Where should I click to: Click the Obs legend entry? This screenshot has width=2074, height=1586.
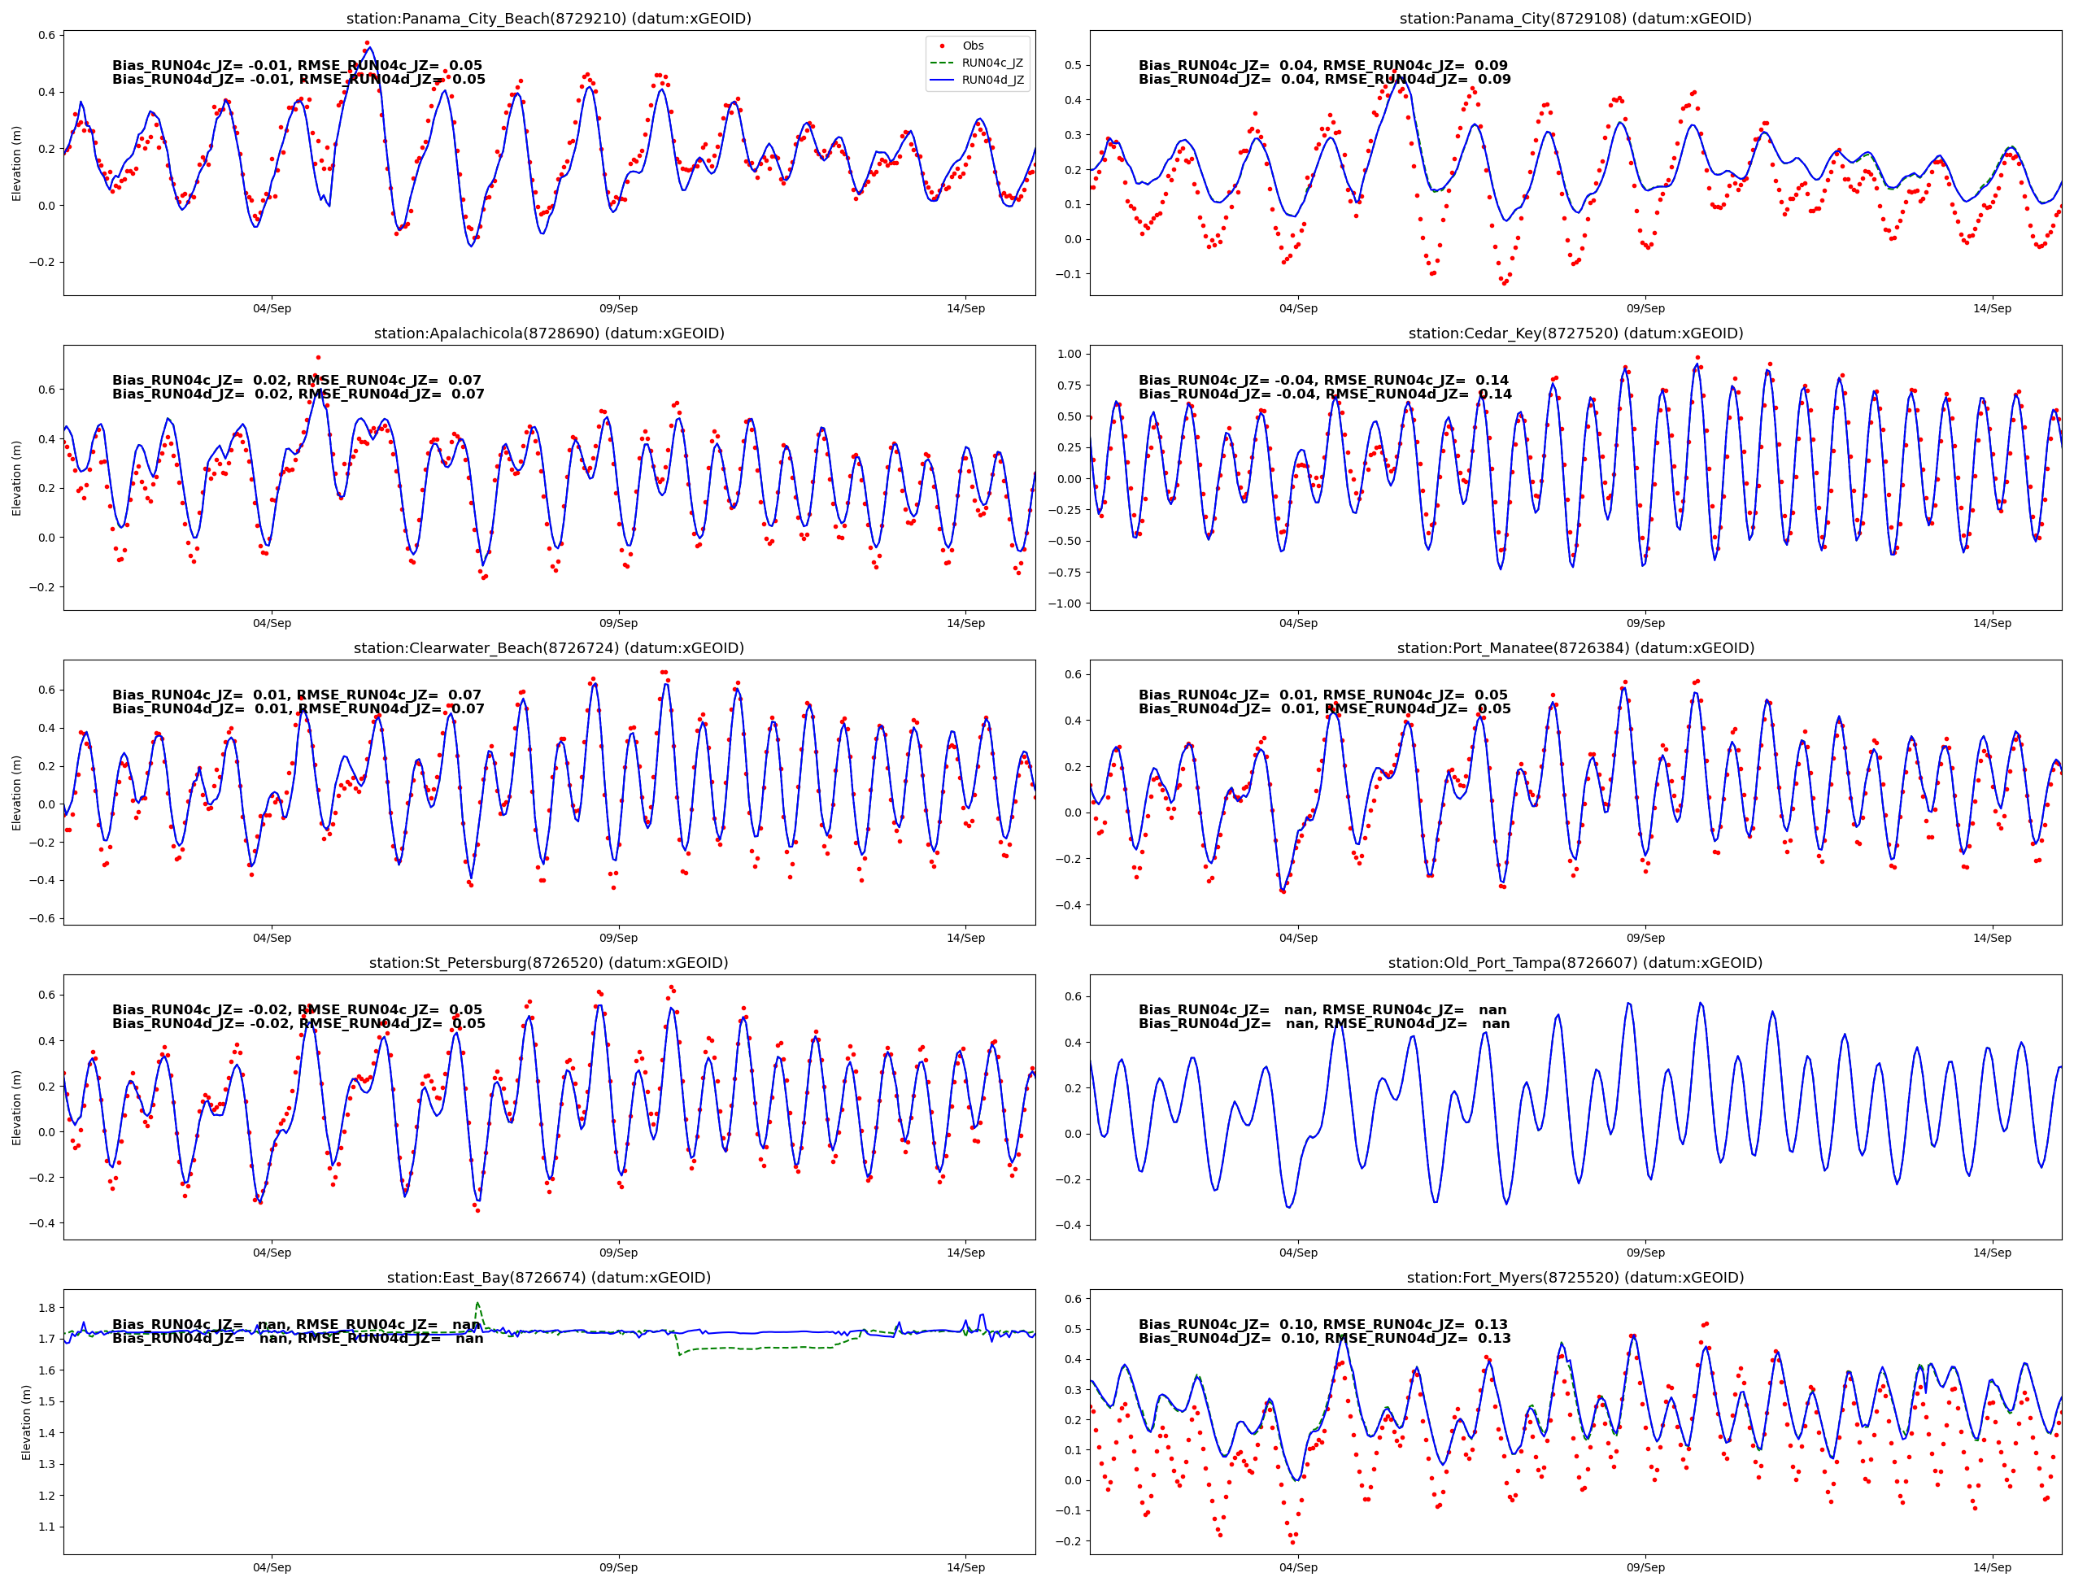(x=972, y=46)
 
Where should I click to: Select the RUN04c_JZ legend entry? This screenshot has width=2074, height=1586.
(x=991, y=63)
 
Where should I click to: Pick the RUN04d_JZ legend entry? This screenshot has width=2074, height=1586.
(x=991, y=81)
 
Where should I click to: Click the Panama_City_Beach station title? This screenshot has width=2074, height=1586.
(x=548, y=19)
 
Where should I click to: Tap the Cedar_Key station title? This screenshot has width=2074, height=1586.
(x=1575, y=333)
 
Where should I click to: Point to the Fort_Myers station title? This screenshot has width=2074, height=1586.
(x=1575, y=1277)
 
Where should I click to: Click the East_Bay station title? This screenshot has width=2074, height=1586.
(x=548, y=1277)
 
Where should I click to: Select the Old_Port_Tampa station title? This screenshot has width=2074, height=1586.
(x=1575, y=963)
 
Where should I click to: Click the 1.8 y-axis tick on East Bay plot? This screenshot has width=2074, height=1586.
(x=46, y=1308)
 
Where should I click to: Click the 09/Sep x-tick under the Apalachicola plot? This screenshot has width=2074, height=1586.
(x=618, y=623)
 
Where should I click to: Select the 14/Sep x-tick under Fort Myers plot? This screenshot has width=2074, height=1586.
(x=1992, y=1567)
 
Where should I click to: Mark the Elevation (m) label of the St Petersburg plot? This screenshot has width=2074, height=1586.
(x=16, y=1108)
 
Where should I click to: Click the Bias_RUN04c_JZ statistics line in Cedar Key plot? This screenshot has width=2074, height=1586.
(x=1323, y=381)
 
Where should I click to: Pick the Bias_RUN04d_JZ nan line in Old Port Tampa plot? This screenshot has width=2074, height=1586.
(x=1323, y=1023)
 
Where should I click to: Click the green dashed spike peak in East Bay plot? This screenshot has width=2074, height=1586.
(x=477, y=1304)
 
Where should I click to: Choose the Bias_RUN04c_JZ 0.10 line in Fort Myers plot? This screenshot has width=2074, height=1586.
(x=1323, y=1324)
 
